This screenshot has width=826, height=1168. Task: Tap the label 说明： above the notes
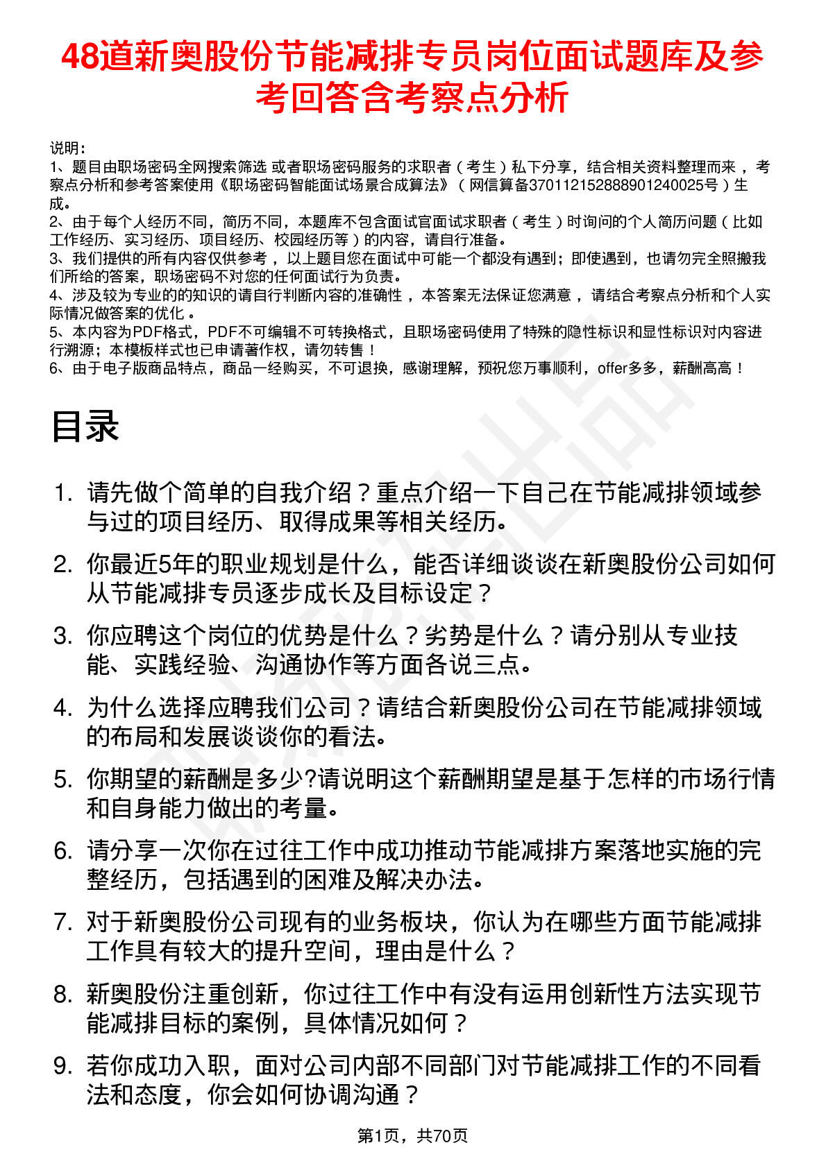67,148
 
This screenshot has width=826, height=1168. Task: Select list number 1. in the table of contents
63,493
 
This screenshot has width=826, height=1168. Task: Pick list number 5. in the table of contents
63,780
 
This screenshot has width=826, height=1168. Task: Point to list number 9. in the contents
63,1066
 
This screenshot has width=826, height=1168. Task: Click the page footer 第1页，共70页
412,1135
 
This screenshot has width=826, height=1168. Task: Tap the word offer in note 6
612,368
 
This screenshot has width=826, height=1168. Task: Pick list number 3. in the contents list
63,636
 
